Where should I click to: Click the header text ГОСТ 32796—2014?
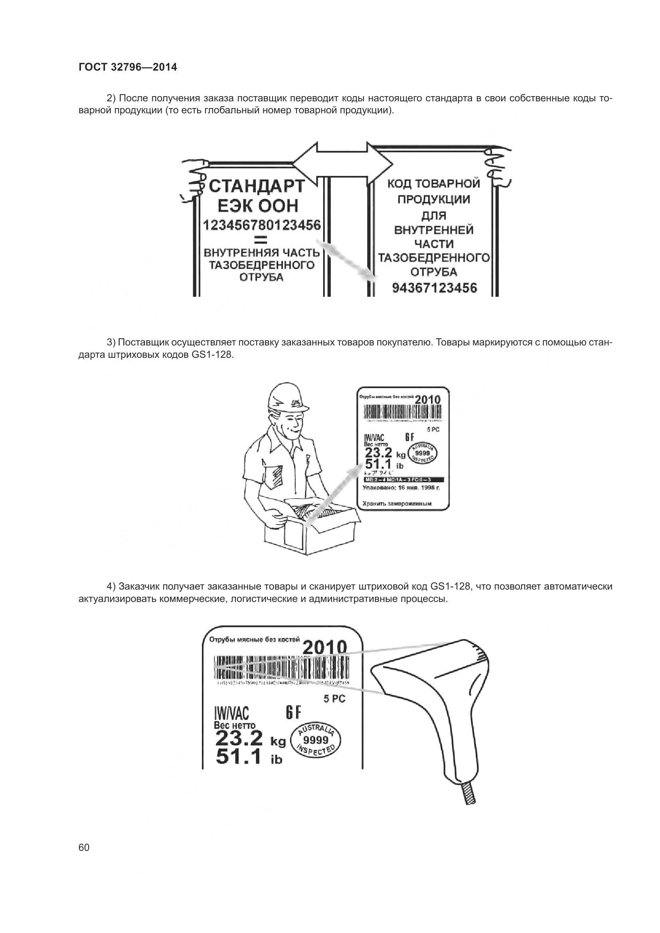click(x=128, y=67)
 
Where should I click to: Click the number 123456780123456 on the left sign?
click(x=262, y=225)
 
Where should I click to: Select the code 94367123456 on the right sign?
click(x=434, y=288)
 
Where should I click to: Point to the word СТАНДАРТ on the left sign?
click(x=257, y=187)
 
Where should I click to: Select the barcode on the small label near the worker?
click(x=402, y=413)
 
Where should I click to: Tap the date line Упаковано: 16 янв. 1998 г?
click(x=401, y=486)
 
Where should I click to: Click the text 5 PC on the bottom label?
click(x=334, y=699)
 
